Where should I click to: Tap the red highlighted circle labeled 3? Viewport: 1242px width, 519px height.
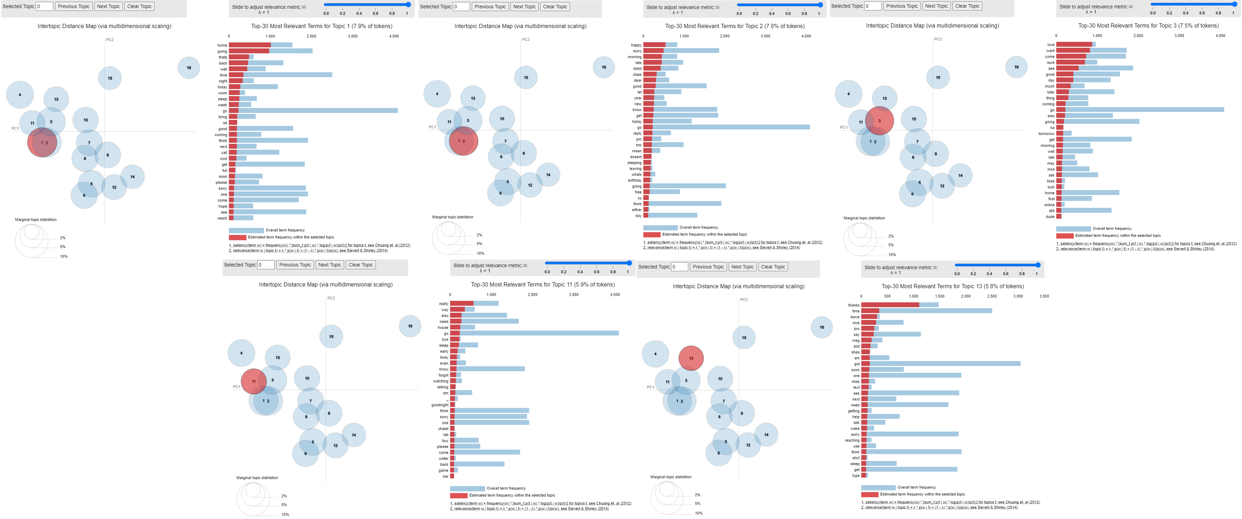[x=879, y=121]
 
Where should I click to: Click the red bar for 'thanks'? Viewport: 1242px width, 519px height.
[x=890, y=305]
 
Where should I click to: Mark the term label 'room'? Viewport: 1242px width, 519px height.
[x=222, y=93]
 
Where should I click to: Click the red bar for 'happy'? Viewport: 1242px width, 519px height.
[x=654, y=45]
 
